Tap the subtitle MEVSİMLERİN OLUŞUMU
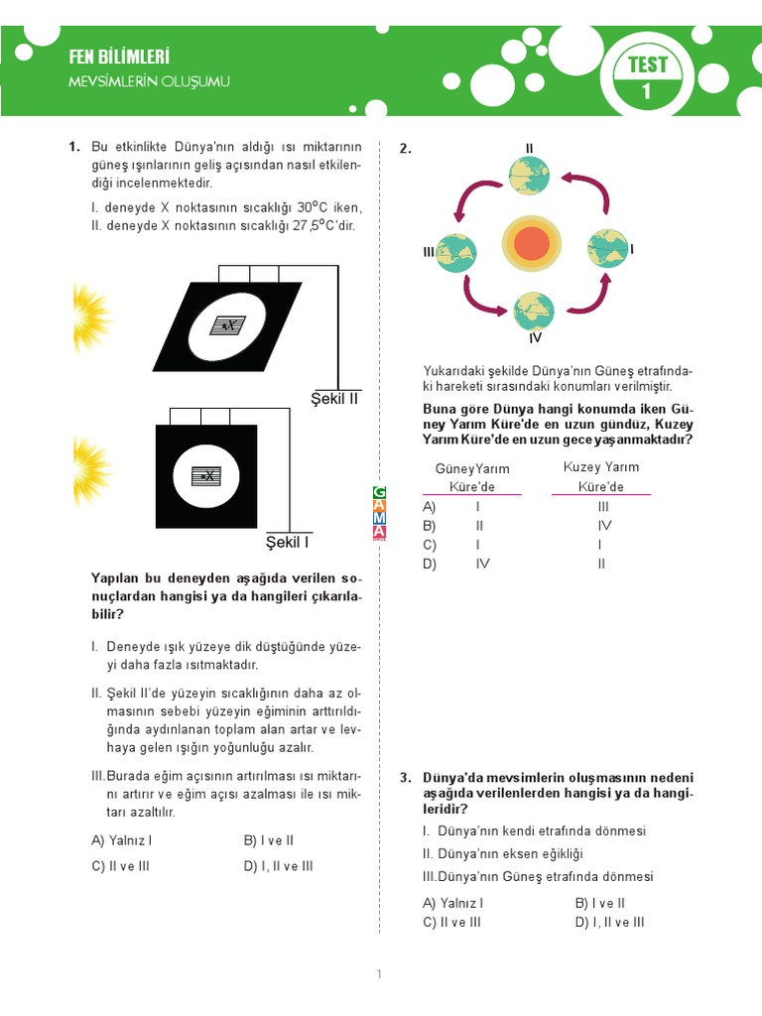149,81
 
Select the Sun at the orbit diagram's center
532,244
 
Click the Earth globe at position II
529,176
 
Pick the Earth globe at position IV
534,311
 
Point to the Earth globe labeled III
455,252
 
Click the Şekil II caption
333,398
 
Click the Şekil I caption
288,542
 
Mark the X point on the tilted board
227,325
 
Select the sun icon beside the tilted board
92,310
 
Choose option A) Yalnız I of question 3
453,903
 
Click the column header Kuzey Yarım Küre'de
601,476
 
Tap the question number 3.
405,778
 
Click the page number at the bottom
379,974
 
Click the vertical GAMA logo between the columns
379,513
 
